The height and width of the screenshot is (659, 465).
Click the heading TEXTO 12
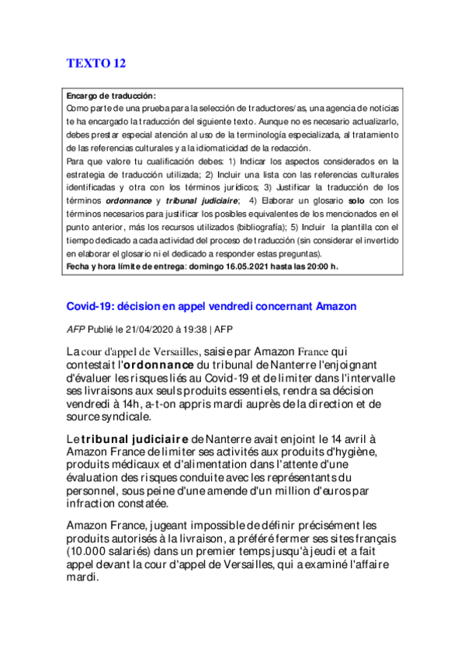95,63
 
